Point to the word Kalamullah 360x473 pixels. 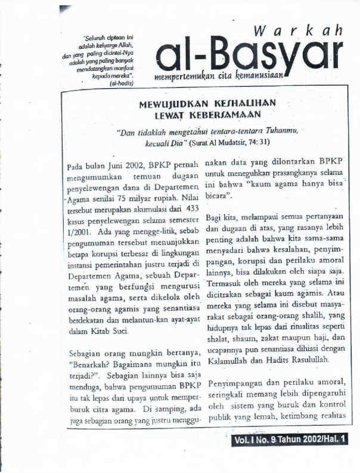pos(228,361)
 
